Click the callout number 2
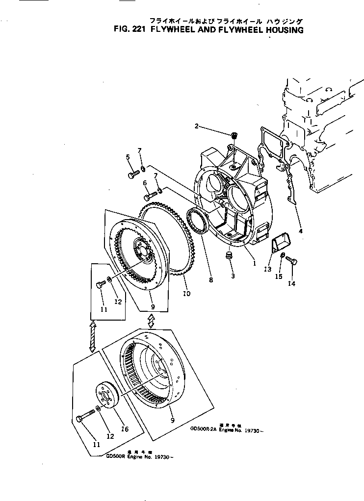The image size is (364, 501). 197,126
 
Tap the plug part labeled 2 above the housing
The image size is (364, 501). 234,134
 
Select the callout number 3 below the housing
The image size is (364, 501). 233,276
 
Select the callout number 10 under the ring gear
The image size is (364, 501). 186,294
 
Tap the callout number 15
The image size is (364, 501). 279,276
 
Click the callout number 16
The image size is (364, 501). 125,429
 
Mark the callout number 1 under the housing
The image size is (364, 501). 254,263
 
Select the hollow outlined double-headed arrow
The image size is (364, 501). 151,321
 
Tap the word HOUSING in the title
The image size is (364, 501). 281,29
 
